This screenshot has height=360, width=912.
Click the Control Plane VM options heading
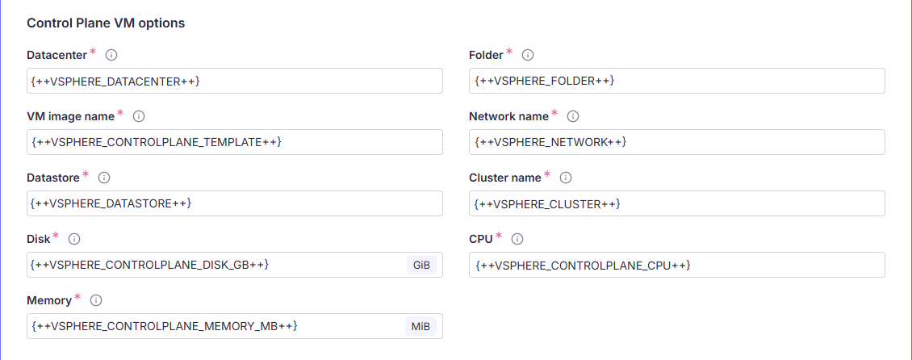click(106, 23)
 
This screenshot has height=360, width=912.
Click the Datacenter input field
click(234, 81)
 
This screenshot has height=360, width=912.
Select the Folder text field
click(676, 81)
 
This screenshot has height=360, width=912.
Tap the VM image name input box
click(234, 142)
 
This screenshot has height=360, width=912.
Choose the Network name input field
click(676, 142)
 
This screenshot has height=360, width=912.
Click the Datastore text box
click(234, 203)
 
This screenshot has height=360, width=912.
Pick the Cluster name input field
click(676, 203)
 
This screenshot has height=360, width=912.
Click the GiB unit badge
click(421, 265)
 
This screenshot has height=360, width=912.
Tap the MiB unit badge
click(420, 326)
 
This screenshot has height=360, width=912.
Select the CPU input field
click(676, 265)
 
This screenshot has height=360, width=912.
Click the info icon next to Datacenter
click(111, 55)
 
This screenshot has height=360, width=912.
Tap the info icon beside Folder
click(528, 55)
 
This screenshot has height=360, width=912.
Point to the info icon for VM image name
click(139, 116)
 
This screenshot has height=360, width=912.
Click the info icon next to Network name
click(573, 116)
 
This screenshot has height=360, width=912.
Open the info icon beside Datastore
click(103, 178)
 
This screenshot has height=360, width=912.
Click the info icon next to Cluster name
click(566, 178)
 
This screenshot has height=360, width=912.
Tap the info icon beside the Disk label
click(74, 239)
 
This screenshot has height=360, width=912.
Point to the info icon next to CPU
click(517, 239)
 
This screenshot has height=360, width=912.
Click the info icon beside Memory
click(96, 300)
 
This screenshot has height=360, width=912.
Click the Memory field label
click(49, 300)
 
